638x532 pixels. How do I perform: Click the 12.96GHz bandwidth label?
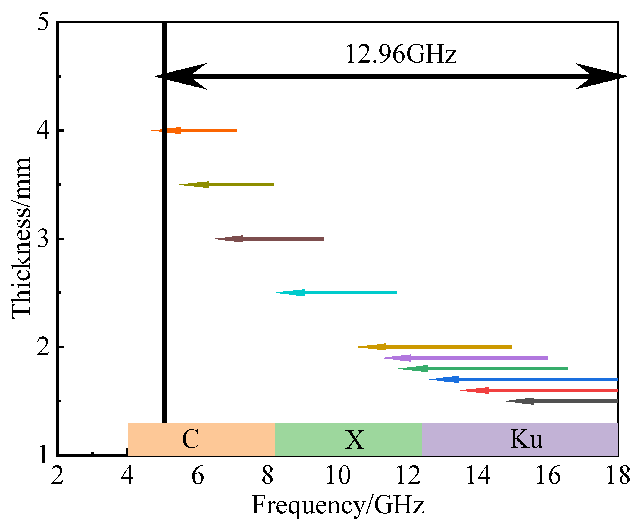401,54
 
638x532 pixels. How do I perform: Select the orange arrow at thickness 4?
195,131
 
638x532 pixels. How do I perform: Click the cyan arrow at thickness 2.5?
335,293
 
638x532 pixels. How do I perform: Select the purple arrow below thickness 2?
465,358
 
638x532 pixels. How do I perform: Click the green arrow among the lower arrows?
483,369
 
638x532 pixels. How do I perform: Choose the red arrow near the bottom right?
539,390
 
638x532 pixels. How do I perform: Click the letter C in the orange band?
191,439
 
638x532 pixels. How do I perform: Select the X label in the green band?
355,440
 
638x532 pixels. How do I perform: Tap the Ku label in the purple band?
527,439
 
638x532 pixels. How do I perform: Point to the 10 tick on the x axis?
338,475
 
